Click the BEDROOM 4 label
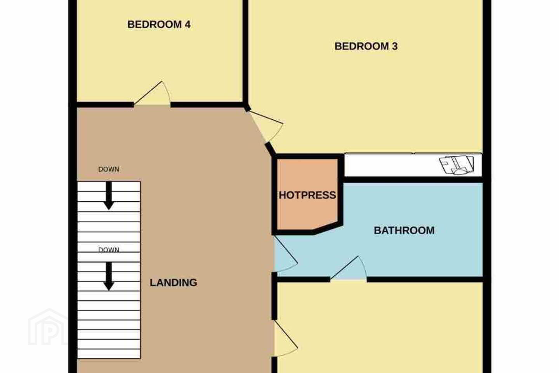pyautogui.click(x=159, y=24)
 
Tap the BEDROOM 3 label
pyautogui.click(x=366, y=46)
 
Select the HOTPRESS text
pyautogui.click(x=307, y=195)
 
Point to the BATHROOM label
pyautogui.click(x=404, y=230)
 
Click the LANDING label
pyautogui.click(x=174, y=282)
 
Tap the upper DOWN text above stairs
pyautogui.click(x=109, y=169)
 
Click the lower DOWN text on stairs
pyautogui.click(x=109, y=250)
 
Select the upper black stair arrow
pyautogui.click(x=109, y=196)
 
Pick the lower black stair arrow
pyautogui.click(x=109, y=277)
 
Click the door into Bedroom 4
pyautogui.click(x=152, y=94)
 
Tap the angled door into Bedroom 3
pyautogui.click(x=266, y=127)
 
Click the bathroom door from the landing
pyautogui.click(x=286, y=254)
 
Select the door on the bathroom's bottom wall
pyautogui.click(x=349, y=268)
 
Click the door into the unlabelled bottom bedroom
pyautogui.click(x=286, y=338)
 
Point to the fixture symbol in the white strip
pyautogui.click(x=457, y=165)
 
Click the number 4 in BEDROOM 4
pyautogui.click(x=187, y=24)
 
